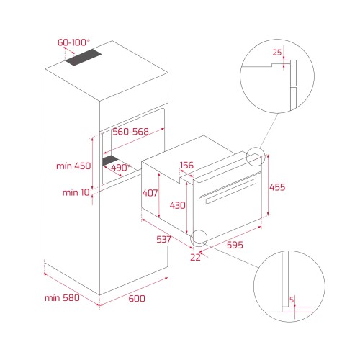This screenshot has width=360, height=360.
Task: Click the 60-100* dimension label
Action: click(x=73, y=42)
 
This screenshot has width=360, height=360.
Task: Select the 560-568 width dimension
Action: click(x=131, y=132)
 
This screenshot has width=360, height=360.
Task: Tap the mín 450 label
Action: click(x=73, y=166)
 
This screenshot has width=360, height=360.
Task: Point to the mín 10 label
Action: click(x=76, y=192)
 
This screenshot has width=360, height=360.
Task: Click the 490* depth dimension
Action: click(x=120, y=168)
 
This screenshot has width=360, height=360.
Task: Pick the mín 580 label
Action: click(x=62, y=298)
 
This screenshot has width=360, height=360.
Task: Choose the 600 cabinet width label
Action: click(x=137, y=299)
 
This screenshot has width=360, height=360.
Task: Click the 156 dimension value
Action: click(x=186, y=165)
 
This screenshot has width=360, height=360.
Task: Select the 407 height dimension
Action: click(x=150, y=193)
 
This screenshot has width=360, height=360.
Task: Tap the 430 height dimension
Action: click(x=178, y=205)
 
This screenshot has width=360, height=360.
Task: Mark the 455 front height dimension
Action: click(x=277, y=187)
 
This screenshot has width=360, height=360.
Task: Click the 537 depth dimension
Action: click(x=163, y=239)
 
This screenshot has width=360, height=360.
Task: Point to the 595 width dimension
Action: click(x=235, y=245)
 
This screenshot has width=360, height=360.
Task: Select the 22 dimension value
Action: click(x=195, y=257)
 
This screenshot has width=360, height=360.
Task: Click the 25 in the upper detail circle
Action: click(x=277, y=52)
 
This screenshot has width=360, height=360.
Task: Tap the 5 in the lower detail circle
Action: click(x=292, y=300)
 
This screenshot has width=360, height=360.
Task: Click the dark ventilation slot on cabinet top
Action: click(x=84, y=58)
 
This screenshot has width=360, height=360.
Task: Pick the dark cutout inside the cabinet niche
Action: click(x=110, y=161)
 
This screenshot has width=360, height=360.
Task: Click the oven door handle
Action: click(x=231, y=192)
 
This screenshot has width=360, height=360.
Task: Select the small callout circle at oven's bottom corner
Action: click(x=199, y=230)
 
